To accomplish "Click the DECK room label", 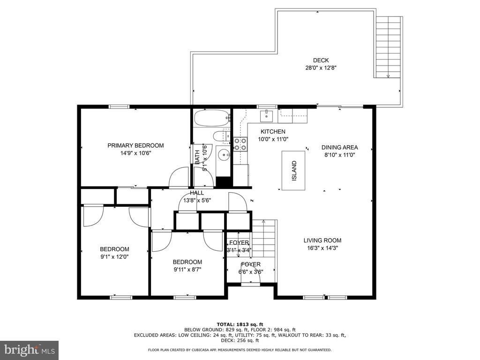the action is [x=321, y=60].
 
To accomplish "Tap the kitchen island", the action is [x=293, y=171].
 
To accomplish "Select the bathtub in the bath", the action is [x=212, y=118].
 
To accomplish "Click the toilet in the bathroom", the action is [x=222, y=136].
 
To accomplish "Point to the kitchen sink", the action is [x=267, y=116].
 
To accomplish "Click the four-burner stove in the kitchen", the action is [x=240, y=144].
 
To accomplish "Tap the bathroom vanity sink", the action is [x=225, y=155].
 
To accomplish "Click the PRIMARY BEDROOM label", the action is [x=135, y=145].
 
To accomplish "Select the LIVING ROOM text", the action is [x=322, y=240].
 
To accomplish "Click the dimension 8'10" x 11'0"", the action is [x=339, y=155].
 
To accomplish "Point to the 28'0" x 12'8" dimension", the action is [x=321, y=67].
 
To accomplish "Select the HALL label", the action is [x=197, y=193].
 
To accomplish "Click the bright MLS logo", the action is [x=30, y=349].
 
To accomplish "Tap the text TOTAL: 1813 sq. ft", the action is [x=240, y=324].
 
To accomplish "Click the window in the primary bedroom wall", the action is [x=119, y=106].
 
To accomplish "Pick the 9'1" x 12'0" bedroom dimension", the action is [x=114, y=257].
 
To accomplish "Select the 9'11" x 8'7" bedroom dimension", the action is [x=187, y=270].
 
